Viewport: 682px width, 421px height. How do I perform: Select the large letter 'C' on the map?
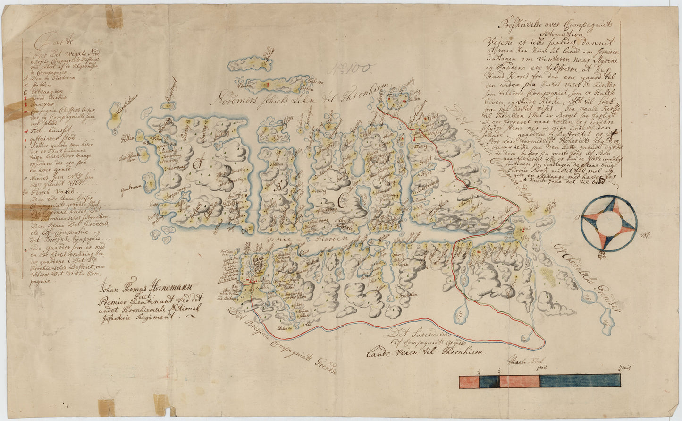coord(341,202)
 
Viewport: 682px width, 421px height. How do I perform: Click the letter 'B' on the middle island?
coord(278,187)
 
